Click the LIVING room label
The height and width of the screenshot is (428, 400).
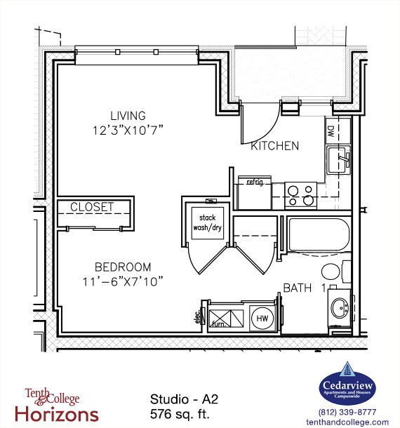click(128, 116)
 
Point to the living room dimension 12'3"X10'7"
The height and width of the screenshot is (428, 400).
click(128, 129)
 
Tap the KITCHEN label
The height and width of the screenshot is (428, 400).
click(275, 146)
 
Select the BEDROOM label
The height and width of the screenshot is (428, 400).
click(123, 267)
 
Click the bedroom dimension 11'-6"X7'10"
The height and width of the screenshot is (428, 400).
click(123, 281)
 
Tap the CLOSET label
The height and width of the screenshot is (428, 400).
click(92, 207)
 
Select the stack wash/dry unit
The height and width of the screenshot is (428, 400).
click(207, 222)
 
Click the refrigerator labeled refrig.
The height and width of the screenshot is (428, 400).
click(254, 193)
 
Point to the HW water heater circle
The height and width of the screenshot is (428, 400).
click(262, 318)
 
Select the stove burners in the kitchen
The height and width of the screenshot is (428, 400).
click(300, 194)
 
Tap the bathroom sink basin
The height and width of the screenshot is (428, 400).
click(340, 308)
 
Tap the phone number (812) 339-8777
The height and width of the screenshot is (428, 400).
click(347, 412)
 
